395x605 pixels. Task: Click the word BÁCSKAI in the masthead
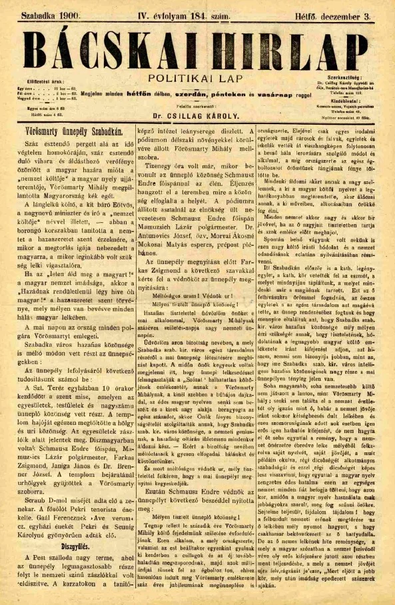[107, 47]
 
